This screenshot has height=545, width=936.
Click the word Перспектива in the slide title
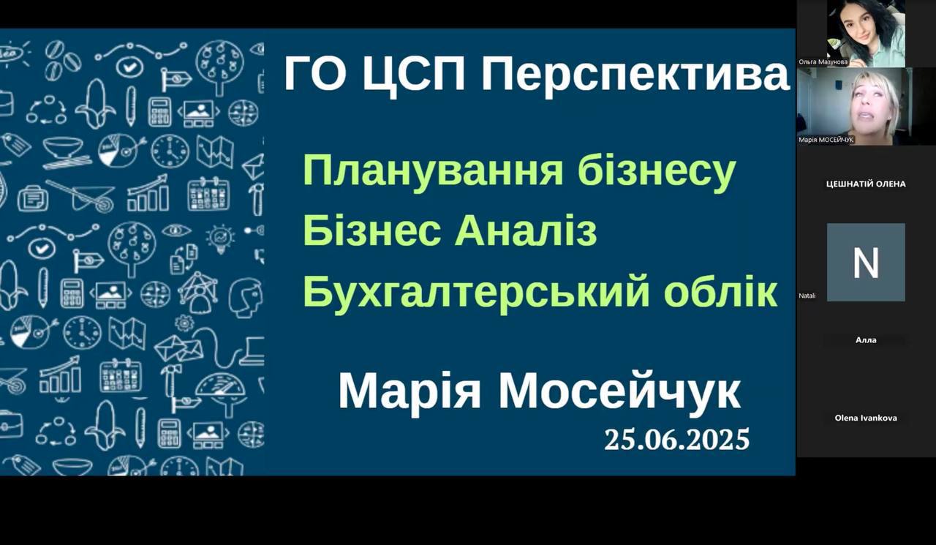[x=635, y=75]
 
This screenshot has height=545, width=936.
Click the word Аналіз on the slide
[x=526, y=231]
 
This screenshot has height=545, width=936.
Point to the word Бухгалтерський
[x=476, y=292]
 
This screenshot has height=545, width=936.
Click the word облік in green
[x=720, y=291]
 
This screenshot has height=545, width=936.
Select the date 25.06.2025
[x=677, y=440]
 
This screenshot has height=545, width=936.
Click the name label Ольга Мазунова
[x=823, y=62]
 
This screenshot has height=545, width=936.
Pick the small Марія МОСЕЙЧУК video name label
[x=826, y=140]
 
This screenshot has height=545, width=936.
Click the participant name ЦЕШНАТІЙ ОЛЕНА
[x=866, y=184]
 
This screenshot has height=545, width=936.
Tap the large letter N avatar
[x=866, y=263]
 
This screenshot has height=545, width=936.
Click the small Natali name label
[x=807, y=296]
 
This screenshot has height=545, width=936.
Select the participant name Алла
[x=866, y=340]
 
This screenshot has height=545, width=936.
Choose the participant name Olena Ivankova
[x=866, y=418]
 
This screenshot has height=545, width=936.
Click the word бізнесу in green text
[x=657, y=172]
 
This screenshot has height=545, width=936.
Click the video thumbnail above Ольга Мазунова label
[x=866, y=34]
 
